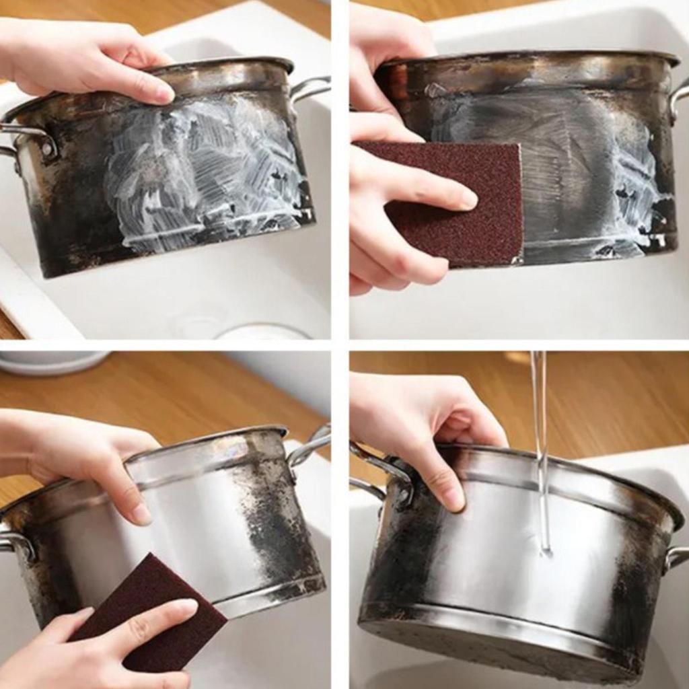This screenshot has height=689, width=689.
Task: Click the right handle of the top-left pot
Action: pyautogui.click(x=310, y=87)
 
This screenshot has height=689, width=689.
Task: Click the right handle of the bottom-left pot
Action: pyautogui.click(x=310, y=447)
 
